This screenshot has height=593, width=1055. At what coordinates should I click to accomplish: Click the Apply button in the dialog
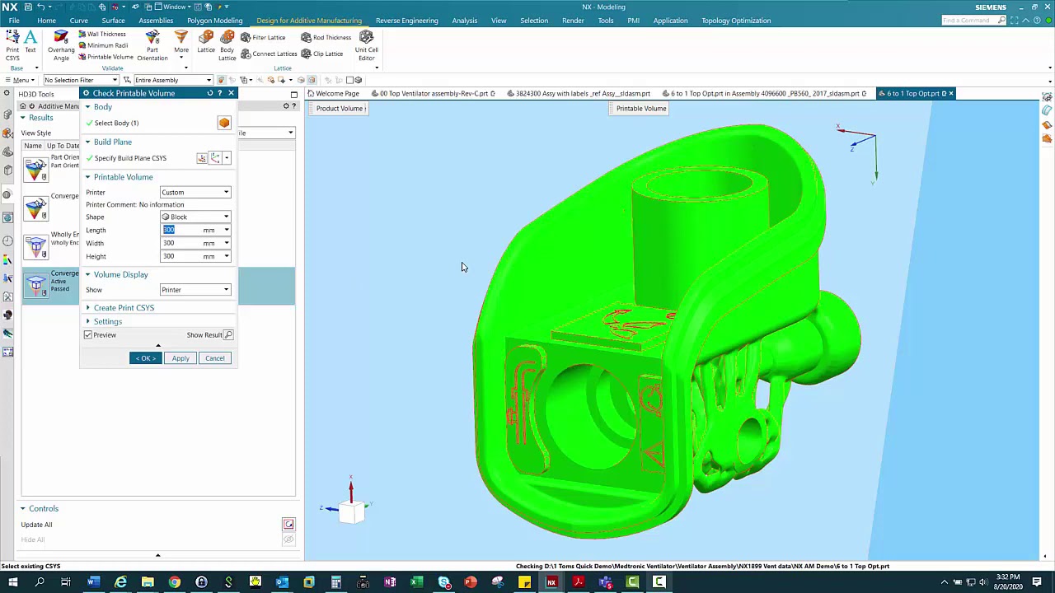coord(180,358)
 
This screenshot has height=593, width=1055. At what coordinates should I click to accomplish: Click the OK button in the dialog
coord(145,358)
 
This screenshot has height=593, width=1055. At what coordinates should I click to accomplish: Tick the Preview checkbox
coord(88,335)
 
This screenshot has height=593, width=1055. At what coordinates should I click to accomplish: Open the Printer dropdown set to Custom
coord(195,192)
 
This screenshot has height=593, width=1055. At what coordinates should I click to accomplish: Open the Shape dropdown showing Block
coord(195,217)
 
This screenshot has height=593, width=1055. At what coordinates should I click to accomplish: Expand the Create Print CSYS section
coord(124,308)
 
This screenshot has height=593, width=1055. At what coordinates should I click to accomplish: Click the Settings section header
coord(107,321)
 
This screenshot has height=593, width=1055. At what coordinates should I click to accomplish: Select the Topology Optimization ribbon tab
coord(736,21)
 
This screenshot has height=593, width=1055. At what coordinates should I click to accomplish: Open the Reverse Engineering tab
coord(406,21)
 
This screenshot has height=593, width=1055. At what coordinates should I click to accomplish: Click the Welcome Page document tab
coord(337,94)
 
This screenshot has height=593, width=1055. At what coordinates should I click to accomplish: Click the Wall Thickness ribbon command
coord(105,35)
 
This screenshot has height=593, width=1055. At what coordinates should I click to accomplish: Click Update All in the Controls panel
coord(36,525)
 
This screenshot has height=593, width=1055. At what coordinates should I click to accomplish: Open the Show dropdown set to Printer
coord(195,290)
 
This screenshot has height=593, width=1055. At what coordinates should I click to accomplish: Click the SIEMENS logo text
coord(990,7)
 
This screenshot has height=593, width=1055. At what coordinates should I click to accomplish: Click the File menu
coord(14,21)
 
